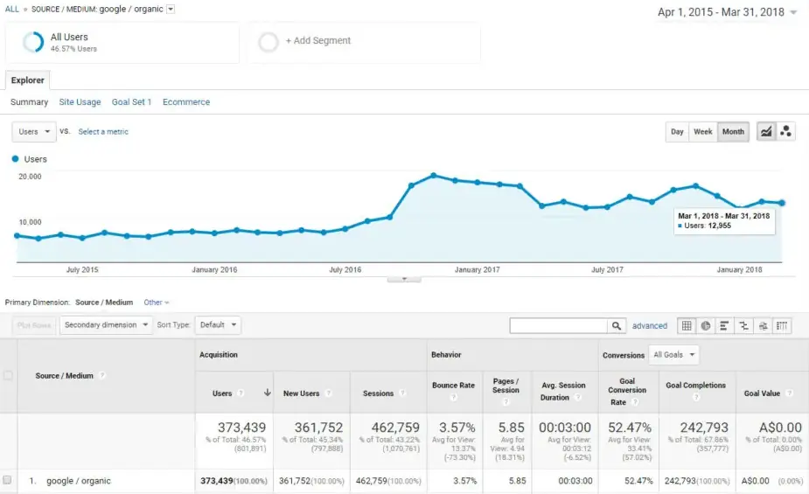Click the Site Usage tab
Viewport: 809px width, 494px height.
click(x=80, y=102)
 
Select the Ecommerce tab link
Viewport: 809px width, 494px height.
click(x=186, y=102)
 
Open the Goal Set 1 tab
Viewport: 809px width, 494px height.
click(x=131, y=102)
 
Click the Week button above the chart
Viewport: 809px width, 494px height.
click(x=702, y=132)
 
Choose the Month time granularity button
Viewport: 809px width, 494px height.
click(x=733, y=132)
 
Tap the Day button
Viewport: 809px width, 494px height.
click(x=677, y=132)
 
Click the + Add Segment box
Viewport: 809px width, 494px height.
click(x=317, y=41)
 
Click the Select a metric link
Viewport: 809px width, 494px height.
click(x=103, y=132)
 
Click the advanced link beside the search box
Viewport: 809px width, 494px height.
click(x=650, y=326)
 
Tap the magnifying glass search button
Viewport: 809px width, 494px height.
click(x=617, y=325)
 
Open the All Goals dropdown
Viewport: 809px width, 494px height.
click(x=675, y=355)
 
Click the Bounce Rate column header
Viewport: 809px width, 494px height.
click(x=453, y=386)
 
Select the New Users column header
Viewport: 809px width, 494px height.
click(x=302, y=393)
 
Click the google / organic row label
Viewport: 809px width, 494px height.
click(x=79, y=481)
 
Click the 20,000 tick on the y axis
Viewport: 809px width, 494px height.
click(x=30, y=177)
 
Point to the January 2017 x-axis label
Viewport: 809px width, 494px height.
click(x=478, y=270)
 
